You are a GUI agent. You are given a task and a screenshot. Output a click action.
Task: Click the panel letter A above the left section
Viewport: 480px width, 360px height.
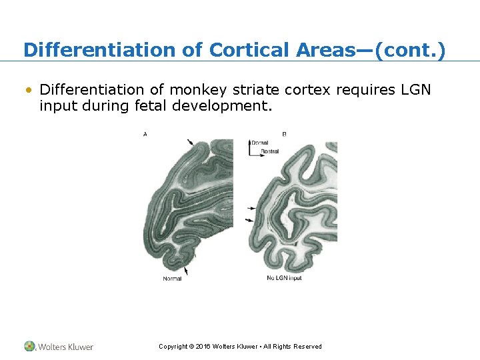click(x=145, y=135)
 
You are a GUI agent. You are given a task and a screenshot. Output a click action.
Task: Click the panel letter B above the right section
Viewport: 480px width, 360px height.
click(x=285, y=135)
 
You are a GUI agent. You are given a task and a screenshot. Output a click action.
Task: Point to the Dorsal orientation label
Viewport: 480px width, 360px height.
click(x=259, y=143)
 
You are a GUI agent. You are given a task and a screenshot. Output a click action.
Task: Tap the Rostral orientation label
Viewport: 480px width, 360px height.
click(x=269, y=151)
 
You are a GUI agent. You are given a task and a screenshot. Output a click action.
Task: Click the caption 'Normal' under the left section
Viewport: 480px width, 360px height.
click(x=172, y=279)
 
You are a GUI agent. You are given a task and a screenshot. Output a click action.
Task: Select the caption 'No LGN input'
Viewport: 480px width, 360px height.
click(x=284, y=278)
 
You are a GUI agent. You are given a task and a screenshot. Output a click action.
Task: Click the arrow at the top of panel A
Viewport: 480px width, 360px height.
click(x=191, y=142)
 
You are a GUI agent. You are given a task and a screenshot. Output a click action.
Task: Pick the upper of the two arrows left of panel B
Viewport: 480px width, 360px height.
click(x=250, y=208)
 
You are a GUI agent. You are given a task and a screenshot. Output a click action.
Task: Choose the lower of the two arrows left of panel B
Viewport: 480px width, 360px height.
click(x=250, y=220)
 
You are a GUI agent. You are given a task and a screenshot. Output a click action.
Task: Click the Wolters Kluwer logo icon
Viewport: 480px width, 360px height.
click(x=30, y=346)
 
